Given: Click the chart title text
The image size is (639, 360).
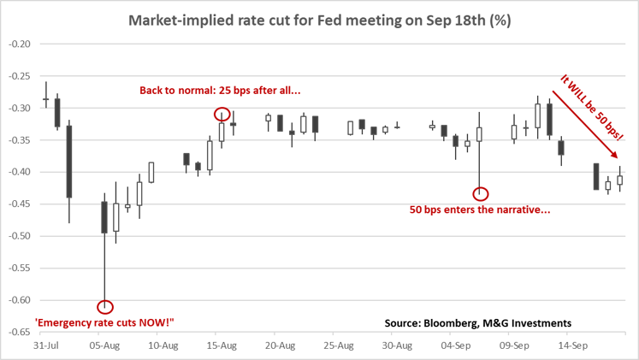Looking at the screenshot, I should [x=320, y=21].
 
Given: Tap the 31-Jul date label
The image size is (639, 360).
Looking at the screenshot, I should [x=45, y=347].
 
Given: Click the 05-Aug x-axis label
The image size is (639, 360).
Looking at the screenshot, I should [x=104, y=347].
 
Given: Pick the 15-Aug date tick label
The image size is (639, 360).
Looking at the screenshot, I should [x=221, y=347].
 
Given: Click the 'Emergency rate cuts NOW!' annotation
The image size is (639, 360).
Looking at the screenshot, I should [x=104, y=322].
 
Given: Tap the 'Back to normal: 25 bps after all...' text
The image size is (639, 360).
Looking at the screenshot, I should [x=219, y=89].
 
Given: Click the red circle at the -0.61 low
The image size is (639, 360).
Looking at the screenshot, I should [x=104, y=306].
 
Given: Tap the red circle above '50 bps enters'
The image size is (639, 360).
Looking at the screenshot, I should [x=480, y=193].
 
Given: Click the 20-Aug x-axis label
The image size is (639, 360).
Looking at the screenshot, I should [x=280, y=347].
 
